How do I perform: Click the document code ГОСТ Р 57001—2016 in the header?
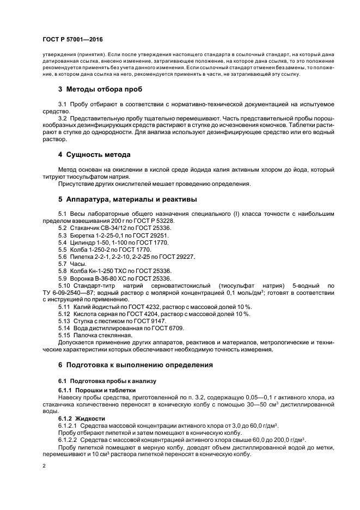point(72,40)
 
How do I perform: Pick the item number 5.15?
point(65,336)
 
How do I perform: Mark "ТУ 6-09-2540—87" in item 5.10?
point(68,293)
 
